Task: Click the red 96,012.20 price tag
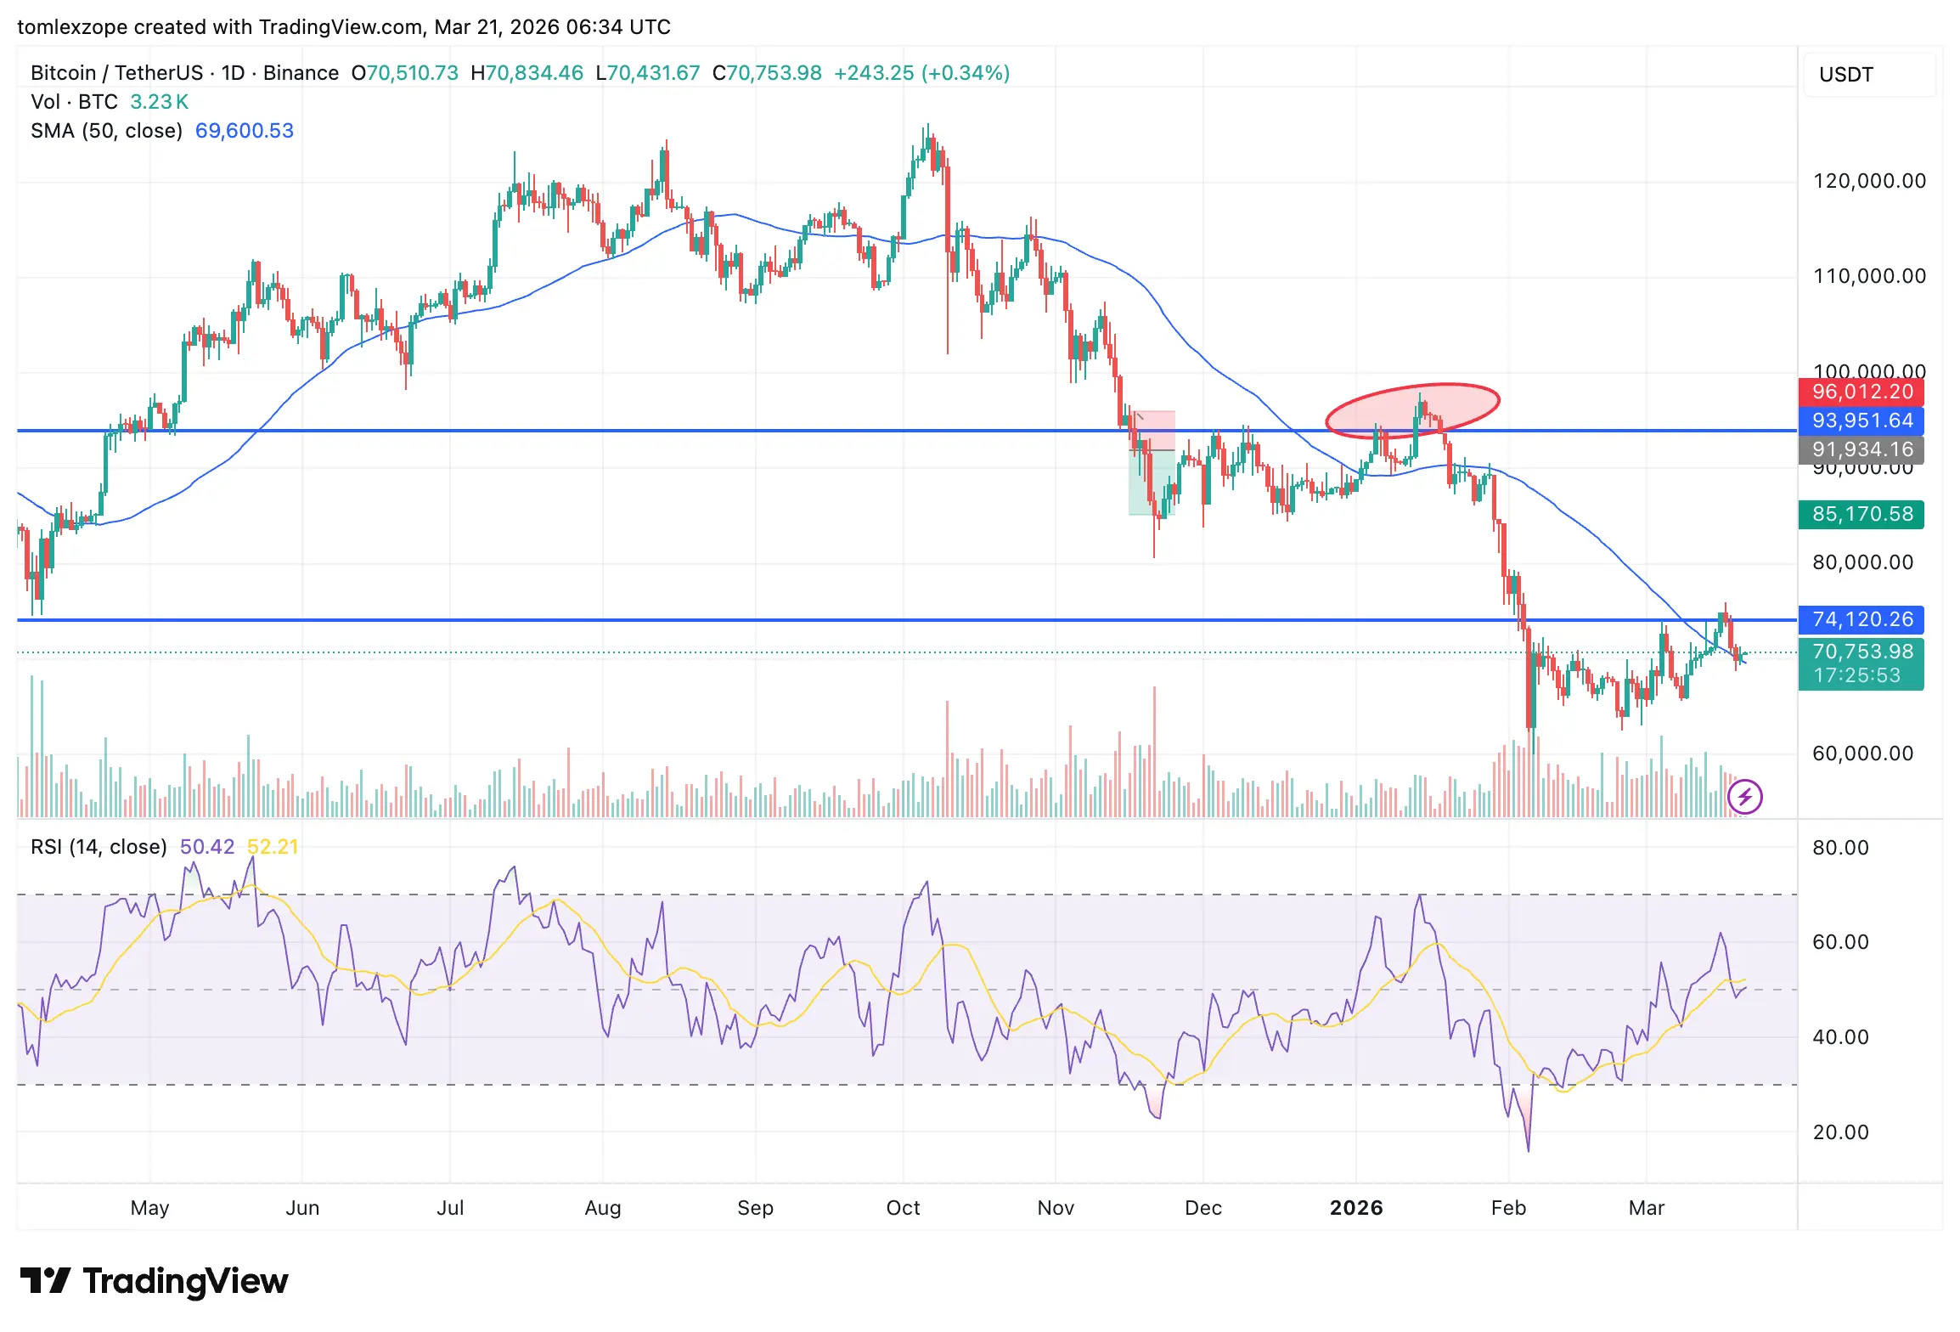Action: (x=1861, y=392)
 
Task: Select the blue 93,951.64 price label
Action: (x=1861, y=420)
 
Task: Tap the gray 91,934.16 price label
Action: (x=1861, y=449)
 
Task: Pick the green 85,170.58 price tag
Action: (x=1861, y=514)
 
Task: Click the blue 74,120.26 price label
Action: (x=1861, y=619)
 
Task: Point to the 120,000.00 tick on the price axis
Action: (x=1868, y=181)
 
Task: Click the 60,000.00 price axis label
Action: (x=1862, y=753)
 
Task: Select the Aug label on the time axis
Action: (x=602, y=1207)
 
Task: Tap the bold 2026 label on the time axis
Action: (x=1355, y=1207)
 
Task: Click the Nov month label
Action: (x=1055, y=1207)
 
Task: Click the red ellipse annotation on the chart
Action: (x=1412, y=410)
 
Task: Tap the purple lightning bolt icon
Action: (x=1744, y=797)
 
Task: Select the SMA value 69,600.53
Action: (x=244, y=131)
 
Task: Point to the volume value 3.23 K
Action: (x=159, y=102)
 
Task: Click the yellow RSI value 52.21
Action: (x=272, y=847)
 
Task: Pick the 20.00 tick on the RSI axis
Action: (x=1839, y=1132)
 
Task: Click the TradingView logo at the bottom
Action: (x=154, y=1281)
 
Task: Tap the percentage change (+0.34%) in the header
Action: (x=966, y=73)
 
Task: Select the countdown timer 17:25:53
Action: (x=1856, y=675)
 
